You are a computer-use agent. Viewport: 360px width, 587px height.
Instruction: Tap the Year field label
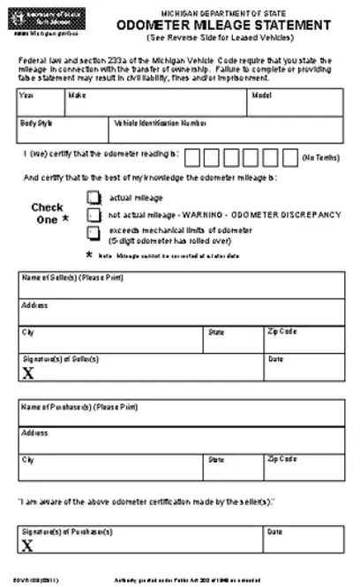point(27,94)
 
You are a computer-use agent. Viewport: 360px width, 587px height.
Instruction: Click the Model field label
point(261,94)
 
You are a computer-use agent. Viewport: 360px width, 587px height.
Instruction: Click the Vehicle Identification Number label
point(161,124)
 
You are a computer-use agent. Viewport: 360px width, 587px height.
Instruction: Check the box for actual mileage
point(94,198)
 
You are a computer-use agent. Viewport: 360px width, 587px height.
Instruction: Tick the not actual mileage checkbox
point(94,214)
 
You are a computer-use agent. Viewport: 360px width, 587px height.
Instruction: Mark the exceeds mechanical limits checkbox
point(94,232)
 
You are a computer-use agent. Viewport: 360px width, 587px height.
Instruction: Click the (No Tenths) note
point(320,157)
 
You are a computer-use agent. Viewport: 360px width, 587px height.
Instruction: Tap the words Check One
point(49,214)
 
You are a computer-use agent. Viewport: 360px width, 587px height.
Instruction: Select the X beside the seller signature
point(28,373)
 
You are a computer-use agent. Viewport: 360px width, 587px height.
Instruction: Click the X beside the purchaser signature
point(28,546)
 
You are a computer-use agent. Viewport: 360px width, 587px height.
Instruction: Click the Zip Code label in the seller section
point(282,332)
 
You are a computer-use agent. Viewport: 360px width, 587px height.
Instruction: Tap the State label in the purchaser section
point(216,460)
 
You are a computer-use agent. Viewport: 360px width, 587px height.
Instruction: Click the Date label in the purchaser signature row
point(274,532)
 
